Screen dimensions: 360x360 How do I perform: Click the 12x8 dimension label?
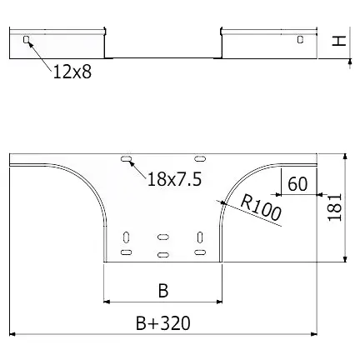coord(72,72)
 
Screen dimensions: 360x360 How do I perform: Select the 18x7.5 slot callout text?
coord(174,179)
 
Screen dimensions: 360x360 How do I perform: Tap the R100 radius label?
coord(261,208)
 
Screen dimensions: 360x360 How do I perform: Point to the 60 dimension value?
coord(297,183)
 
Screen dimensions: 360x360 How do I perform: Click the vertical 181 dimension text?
coord(334,207)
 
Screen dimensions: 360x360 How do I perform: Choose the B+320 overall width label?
coord(163,323)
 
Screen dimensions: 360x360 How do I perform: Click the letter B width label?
coord(163,291)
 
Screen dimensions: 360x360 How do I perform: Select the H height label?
coord(339,41)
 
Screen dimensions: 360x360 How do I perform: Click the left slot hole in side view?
coord(26,40)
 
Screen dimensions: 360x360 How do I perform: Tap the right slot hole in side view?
coord(300,39)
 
